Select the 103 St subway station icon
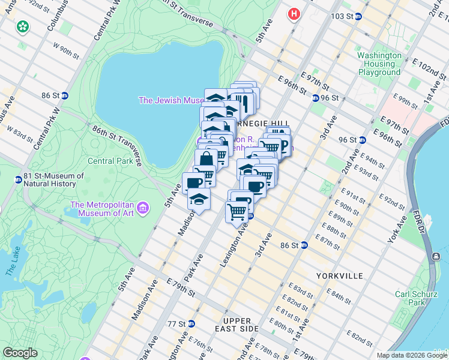point(358,16)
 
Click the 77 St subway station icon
point(191,323)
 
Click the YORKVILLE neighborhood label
point(339,275)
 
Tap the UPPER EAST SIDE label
point(237,325)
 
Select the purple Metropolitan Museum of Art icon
point(143,209)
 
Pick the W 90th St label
point(66,51)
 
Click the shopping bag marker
point(206,160)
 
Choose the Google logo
point(20,353)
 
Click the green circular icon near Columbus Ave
point(23,27)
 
